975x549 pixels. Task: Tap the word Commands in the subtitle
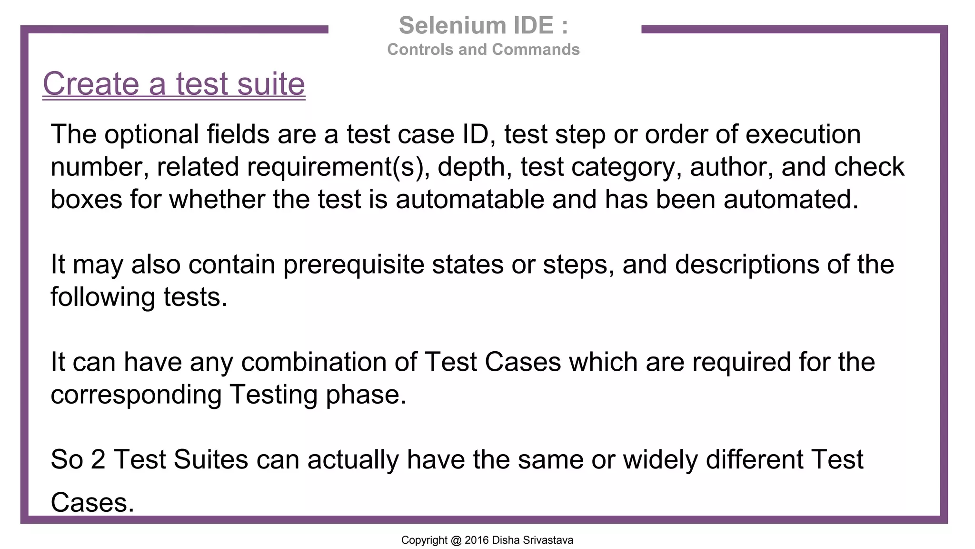[536, 50]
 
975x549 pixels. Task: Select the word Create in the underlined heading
[91, 84]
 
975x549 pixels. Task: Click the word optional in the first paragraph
[151, 134]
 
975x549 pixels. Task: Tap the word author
[731, 167]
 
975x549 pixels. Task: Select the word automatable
[470, 199]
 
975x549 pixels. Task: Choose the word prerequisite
[353, 264]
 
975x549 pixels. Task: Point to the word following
[103, 297]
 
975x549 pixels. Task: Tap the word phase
[366, 395]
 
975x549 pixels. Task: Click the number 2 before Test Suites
[98, 460]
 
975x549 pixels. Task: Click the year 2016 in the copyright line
[477, 540]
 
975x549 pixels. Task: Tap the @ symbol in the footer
[456, 540]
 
